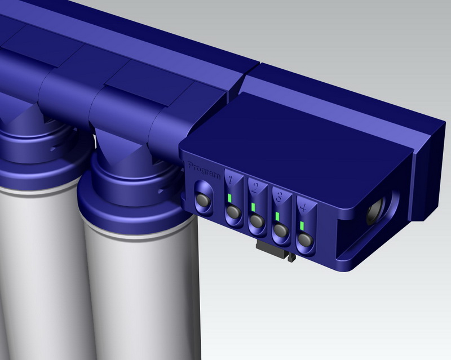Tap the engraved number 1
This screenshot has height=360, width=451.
pyautogui.click(x=230, y=180)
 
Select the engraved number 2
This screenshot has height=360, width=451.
pyautogui.click(x=255, y=189)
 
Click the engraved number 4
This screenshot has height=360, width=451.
pyautogui.click(x=303, y=207)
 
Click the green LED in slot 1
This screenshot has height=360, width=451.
pyautogui.click(x=229, y=198)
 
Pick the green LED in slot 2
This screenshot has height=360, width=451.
pyautogui.click(x=253, y=207)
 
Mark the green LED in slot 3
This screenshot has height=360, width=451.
pyautogui.click(x=277, y=216)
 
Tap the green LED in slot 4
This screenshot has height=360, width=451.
pyautogui.click(x=302, y=226)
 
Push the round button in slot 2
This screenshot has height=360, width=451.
pyautogui.click(x=257, y=221)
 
